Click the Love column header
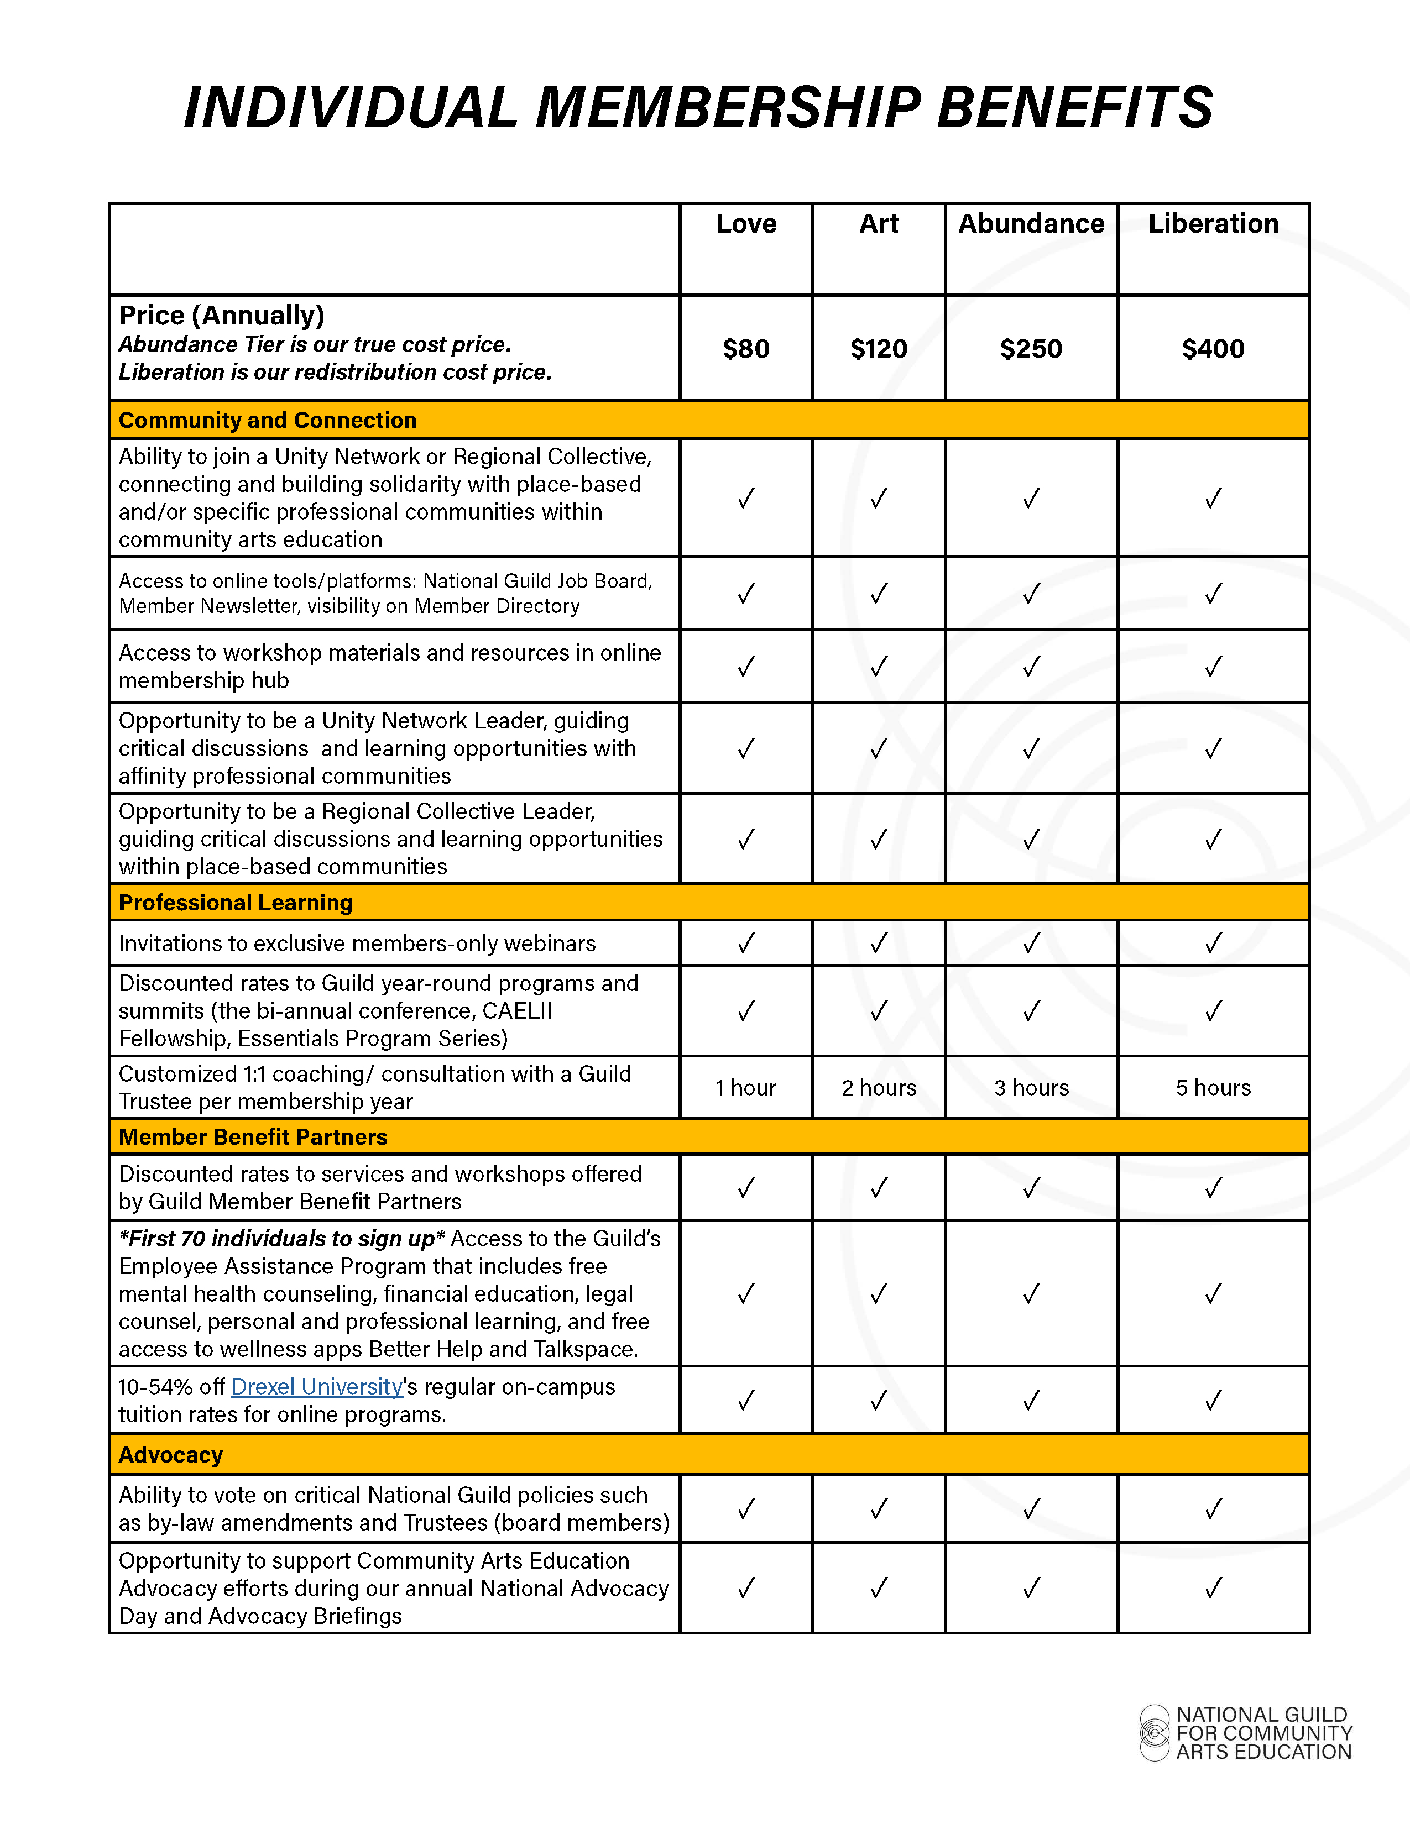coord(746,224)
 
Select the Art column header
coord(879,224)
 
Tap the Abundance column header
coord(1031,224)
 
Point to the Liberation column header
coord(1213,224)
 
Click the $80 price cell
coord(746,348)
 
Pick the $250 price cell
coord(1031,348)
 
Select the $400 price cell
coord(1213,348)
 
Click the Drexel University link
coord(317,1387)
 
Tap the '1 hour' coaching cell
coord(746,1087)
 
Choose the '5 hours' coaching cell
coord(1213,1087)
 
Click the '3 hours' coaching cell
coord(1031,1087)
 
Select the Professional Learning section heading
coord(236,903)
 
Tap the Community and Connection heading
coord(267,420)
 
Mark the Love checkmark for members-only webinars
coord(746,943)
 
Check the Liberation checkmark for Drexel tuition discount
coord(1213,1400)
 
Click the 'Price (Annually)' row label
coord(221,316)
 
